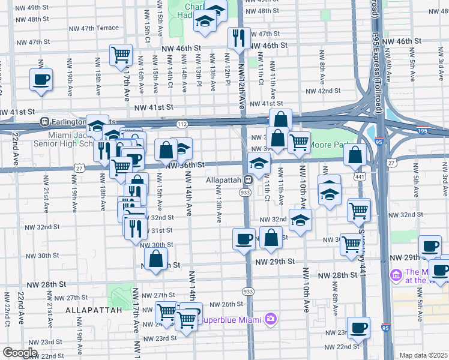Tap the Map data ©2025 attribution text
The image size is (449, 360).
pos(424,355)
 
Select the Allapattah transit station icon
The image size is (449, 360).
pos(247,180)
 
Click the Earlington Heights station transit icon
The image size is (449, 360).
pos(44,121)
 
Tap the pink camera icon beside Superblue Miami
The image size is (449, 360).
pos(271,319)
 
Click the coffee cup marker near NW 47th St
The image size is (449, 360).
pos(41,79)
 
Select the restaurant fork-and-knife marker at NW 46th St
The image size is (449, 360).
pos(239,38)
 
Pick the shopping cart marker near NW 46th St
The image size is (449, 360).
pos(121,55)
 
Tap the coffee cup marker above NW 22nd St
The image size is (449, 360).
pos(359,328)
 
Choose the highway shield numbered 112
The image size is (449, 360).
pos(182,124)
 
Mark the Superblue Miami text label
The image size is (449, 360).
pos(232,319)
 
